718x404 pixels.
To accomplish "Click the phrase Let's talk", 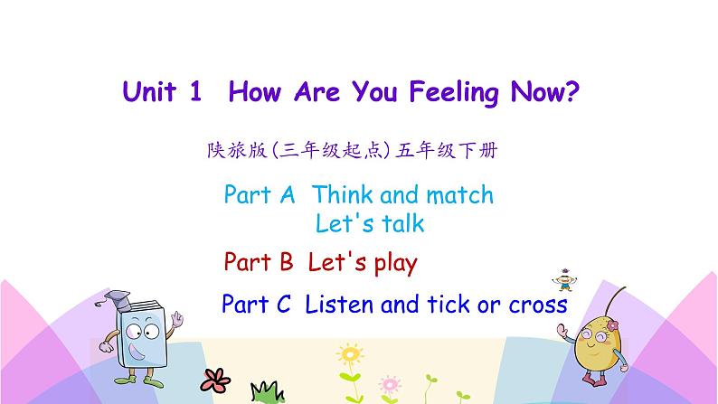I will (x=370, y=222).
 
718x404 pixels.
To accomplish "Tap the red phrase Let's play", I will (x=363, y=263).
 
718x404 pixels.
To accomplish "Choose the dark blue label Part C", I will (x=256, y=305).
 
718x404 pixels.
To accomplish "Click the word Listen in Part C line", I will (x=339, y=305).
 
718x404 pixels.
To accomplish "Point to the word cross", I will (x=537, y=305).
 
